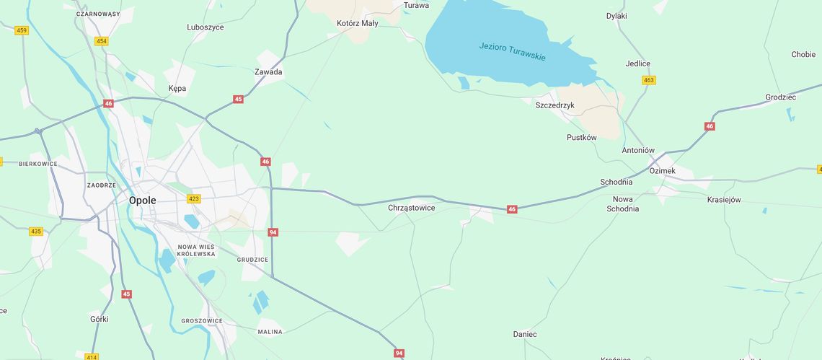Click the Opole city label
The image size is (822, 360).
tap(142, 200)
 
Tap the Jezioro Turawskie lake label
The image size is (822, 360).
tap(512, 51)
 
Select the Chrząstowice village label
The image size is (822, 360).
tap(412, 208)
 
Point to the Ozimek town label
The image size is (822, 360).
tap(662, 170)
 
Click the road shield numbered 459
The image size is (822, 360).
tap(22, 30)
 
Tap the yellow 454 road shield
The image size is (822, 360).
tap(102, 41)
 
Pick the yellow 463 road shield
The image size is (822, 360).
tap(648, 80)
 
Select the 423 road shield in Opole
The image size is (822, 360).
tap(194, 198)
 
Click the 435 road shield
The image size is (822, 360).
tap(36, 232)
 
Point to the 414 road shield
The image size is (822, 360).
tap(92, 356)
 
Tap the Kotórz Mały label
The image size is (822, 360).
tap(358, 23)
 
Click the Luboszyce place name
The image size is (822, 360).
tap(205, 27)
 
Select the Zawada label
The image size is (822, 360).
tap(268, 72)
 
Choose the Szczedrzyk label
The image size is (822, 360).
tap(554, 105)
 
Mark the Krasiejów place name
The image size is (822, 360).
tap(724, 200)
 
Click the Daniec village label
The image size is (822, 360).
tap(525, 334)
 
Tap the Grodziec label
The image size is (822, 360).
tap(780, 97)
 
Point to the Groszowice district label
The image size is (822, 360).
tap(202, 320)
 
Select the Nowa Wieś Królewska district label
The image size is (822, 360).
tap(197, 250)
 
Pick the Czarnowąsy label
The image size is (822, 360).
tap(98, 14)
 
